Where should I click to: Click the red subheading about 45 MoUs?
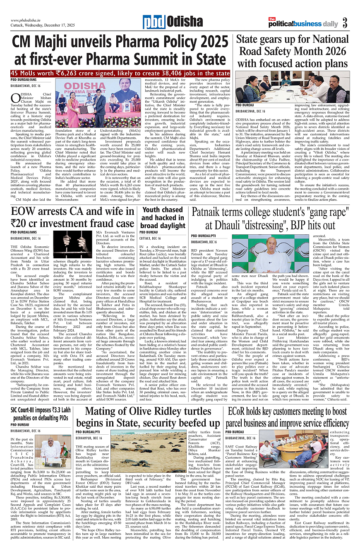120,73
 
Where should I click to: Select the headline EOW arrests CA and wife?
72,218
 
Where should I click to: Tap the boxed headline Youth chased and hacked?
162,218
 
